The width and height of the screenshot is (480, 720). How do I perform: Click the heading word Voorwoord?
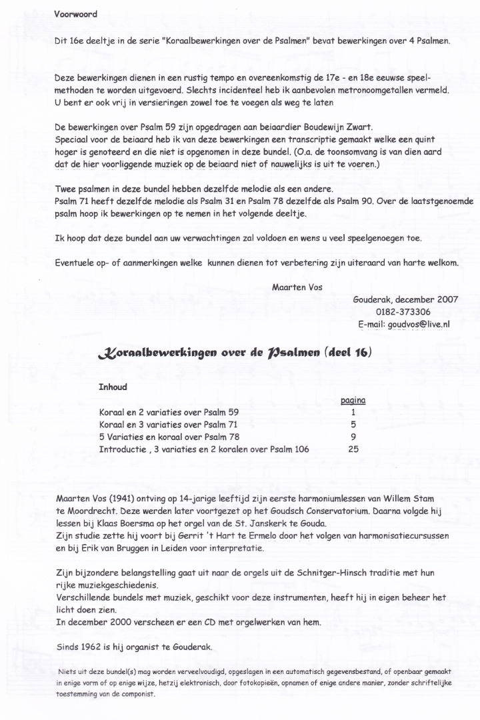[75, 13]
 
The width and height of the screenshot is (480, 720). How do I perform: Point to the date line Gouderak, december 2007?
[405, 299]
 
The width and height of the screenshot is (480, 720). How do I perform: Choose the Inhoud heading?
[113, 387]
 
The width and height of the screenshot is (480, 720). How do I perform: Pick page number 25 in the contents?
[354, 449]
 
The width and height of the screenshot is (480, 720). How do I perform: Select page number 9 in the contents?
[354, 437]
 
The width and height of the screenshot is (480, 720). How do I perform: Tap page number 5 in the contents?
[354, 424]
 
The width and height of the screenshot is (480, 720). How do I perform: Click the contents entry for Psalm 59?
[168, 412]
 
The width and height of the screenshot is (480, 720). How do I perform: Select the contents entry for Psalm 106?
[203, 449]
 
